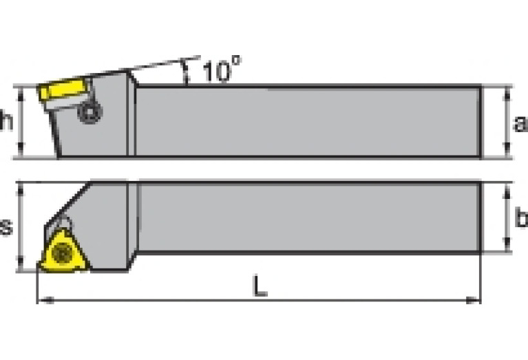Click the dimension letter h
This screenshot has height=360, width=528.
pyautogui.click(x=6, y=122)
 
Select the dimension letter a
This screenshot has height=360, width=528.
pyautogui.click(x=520, y=123)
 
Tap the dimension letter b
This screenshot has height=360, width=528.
pyautogui.click(x=521, y=218)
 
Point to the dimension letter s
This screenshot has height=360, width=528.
pyautogui.click(x=6, y=226)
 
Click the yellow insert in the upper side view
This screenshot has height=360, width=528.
pyautogui.click(x=63, y=92)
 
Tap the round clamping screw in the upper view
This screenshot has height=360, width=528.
pyautogui.click(x=90, y=112)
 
